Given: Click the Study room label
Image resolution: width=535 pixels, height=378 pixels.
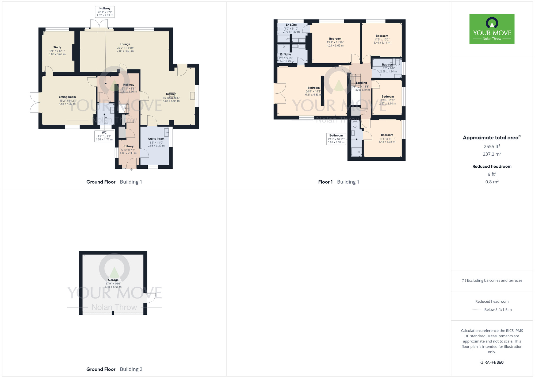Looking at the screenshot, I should [x=57, y=47].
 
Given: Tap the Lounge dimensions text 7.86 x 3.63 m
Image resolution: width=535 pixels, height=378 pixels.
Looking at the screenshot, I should [x=125, y=51].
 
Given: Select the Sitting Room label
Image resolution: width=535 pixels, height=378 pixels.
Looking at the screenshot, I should [x=67, y=97].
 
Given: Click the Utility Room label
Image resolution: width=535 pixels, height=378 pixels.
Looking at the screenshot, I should [x=156, y=139].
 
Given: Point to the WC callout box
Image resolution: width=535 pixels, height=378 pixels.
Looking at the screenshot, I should [x=104, y=136].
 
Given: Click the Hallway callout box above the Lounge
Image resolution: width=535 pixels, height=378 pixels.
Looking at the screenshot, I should [x=105, y=12].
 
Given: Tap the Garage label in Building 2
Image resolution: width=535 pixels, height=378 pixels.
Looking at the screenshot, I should [x=113, y=280].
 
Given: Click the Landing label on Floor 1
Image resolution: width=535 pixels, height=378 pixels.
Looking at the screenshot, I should [x=361, y=83].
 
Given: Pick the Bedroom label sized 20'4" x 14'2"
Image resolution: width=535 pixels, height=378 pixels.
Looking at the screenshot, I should [x=314, y=88].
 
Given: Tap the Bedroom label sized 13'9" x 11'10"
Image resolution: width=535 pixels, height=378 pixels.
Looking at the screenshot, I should [x=335, y=39].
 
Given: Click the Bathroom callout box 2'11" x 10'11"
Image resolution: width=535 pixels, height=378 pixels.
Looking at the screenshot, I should [x=336, y=139].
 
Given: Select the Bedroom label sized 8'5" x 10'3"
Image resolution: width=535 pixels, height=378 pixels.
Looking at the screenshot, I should [x=388, y=97].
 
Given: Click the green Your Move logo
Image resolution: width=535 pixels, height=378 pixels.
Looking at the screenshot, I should [x=492, y=29].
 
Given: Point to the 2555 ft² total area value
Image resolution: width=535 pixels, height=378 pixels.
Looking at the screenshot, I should [x=492, y=146].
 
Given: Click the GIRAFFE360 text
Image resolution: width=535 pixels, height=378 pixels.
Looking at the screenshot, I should [x=492, y=362].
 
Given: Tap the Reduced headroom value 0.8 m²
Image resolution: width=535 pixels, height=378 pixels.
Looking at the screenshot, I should [x=492, y=182].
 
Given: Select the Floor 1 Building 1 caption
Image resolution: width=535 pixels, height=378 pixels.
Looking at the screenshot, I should [x=338, y=182].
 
